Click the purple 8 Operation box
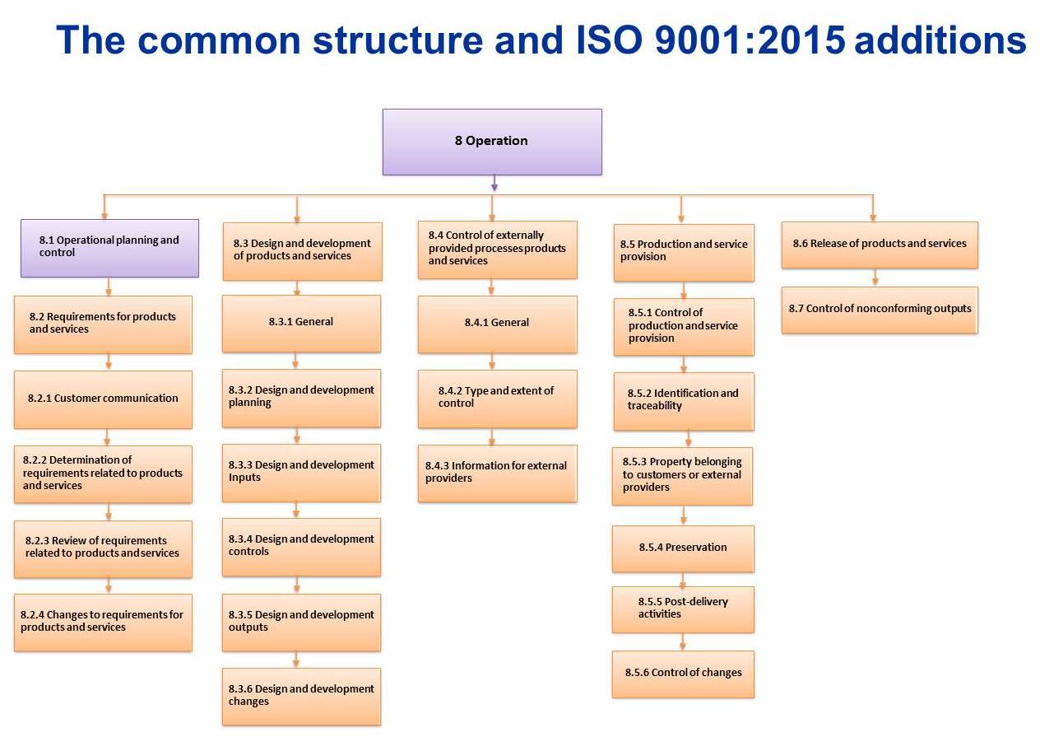pyautogui.click(x=492, y=142)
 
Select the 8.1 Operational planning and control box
pyautogui.click(x=109, y=247)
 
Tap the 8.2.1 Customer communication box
pyautogui.click(x=103, y=399)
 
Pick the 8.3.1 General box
pyautogui.click(x=301, y=323)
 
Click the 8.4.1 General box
pyautogui.click(x=497, y=324)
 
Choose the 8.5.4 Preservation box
pyautogui.click(x=683, y=548)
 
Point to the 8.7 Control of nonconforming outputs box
pyautogui.click(x=880, y=310)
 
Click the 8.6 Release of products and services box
pyautogui.click(x=880, y=244)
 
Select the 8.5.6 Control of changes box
pyautogui.click(x=683, y=674)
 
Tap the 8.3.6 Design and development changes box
pyautogui.click(x=301, y=696)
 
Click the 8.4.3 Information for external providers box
pyautogui.click(x=497, y=473)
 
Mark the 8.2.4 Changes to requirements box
pyautogui.click(x=103, y=622)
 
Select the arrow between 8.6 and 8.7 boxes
pyautogui.click(x=875, y=278)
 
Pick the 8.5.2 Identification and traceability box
pyautogui.click(x=683, y=401)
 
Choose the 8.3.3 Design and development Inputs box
pyautogui.click(x=301, y=472)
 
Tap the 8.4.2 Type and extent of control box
pyautogui.click(x=497, y=398)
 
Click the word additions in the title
pyautogui.click(x=940, y=40)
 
